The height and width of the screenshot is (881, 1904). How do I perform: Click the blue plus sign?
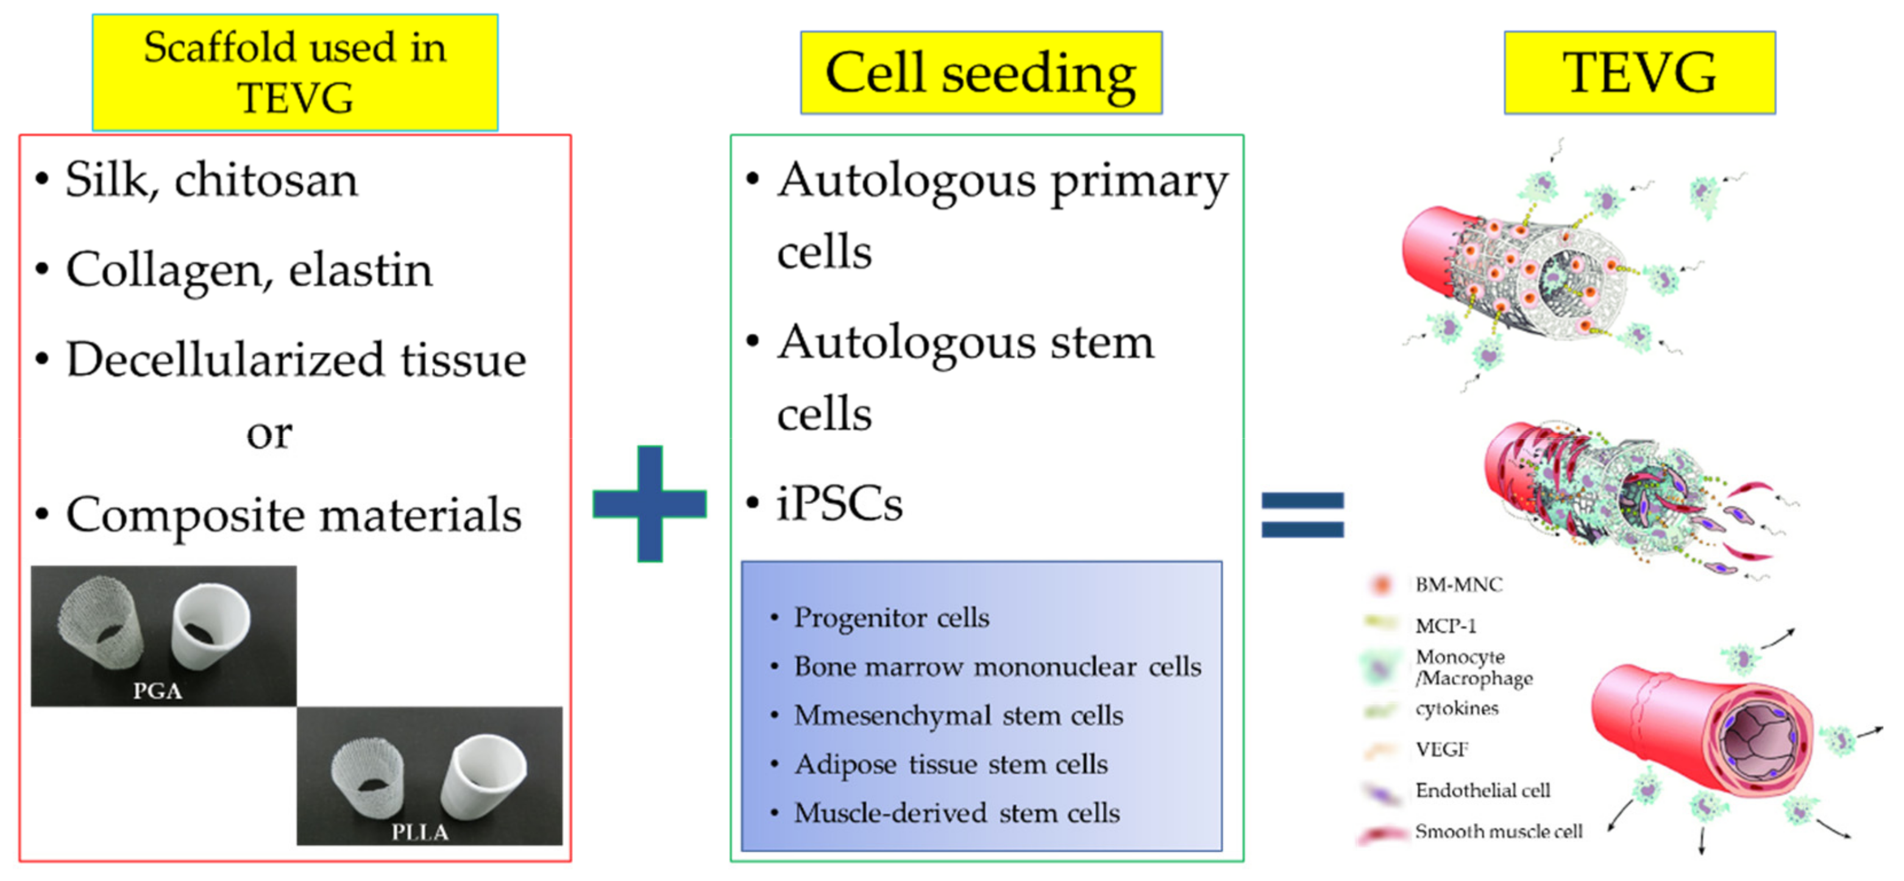coord(650,504)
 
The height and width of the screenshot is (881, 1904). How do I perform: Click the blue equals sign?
coord(1302,515)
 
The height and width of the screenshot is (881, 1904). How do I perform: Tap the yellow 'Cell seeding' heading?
coord(981,73)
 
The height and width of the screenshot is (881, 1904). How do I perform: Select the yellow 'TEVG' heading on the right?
coord(1639,73)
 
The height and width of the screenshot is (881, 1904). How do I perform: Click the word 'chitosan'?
coord(266,180)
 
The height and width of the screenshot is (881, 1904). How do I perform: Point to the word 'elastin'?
coord(360,270)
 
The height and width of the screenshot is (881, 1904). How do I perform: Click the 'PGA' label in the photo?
coord(157,691)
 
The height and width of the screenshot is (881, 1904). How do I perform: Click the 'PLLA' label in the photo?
coord(420,832)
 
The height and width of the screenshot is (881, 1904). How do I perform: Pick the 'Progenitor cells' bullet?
coord(892,618)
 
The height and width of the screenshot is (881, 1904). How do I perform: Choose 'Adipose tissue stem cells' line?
coord(951,764)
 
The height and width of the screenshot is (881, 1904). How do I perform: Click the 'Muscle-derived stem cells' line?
coord(957,813)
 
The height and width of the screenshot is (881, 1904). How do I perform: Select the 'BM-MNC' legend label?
coord(1458,585)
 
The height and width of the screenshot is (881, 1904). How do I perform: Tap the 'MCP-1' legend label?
coord(1446,626)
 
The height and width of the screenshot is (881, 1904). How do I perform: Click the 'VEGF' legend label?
coord(1442,749)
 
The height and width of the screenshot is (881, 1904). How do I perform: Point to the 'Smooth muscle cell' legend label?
coord(1499,832)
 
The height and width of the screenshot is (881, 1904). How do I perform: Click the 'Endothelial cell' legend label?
coord(1483,790)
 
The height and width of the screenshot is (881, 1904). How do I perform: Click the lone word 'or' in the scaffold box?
coord(269,433)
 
